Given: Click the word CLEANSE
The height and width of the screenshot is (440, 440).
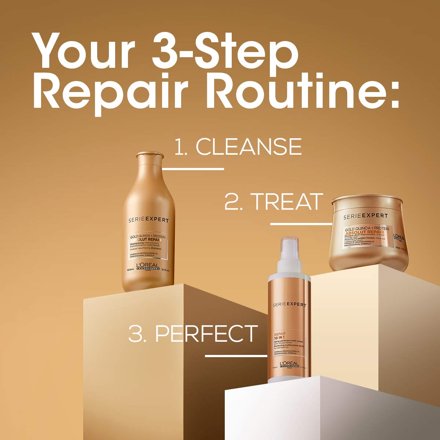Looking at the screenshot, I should click(x=249, y=147).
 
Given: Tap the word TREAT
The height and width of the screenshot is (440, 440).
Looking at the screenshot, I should click(x=286, y=202).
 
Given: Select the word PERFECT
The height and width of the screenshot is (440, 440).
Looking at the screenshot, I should click(x=206, y=333).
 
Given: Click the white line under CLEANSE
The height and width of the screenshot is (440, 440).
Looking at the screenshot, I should click(x=193, y=169).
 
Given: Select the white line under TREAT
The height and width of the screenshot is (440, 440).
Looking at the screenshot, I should click(x=301, y=224).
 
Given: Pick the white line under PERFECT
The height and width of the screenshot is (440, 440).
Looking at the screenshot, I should click(x=236, y=356).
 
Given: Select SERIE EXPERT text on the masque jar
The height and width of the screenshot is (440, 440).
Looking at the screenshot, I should click(x=365, y=217).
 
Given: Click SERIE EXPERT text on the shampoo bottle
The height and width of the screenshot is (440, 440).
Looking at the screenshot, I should click(x=148, y=220).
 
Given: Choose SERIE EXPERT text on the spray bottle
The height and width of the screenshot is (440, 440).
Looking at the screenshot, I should click(x=290, y=305).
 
